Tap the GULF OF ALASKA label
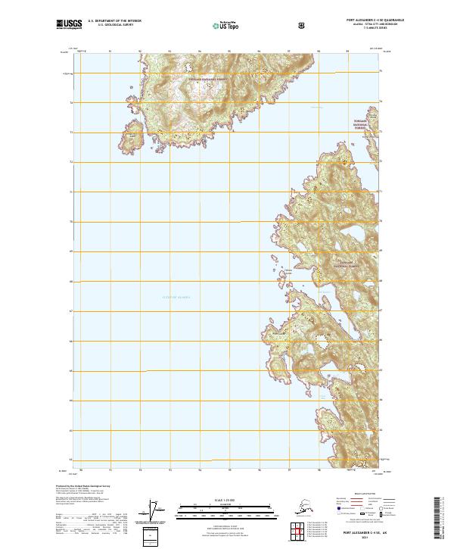click(176, 298)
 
